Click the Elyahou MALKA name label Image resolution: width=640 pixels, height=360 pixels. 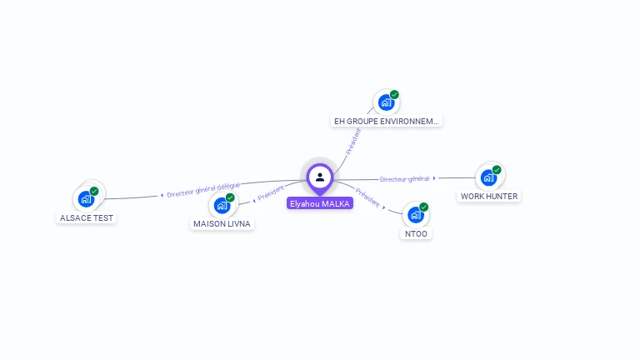click(320, 203)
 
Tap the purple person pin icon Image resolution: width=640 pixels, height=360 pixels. click(320, 177)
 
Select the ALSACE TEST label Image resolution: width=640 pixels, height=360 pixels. click(87, 217)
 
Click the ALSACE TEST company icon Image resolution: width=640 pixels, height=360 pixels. click(86, 198)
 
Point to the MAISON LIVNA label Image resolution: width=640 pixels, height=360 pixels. click(222, 223)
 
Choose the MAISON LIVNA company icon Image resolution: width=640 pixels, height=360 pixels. click(222, 205)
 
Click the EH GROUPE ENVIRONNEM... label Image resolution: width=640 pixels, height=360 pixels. click(386, 121)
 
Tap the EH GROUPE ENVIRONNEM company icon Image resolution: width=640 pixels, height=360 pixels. click(386, 102)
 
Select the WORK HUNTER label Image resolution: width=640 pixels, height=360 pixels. click(489, 197)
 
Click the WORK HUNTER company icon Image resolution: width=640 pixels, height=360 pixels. click(488, 177)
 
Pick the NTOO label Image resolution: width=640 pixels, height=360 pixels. click(416, 233)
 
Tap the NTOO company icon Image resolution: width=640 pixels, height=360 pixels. click(416, 214)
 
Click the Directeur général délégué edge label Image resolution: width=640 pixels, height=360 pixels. click(203, 190)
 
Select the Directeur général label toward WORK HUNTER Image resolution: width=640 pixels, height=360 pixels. click(405, 178)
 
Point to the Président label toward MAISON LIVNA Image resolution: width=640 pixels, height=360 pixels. click(272, 192)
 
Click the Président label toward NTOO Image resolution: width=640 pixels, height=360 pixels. click(367, 197)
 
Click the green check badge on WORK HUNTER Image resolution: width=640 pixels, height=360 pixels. click(497, 170)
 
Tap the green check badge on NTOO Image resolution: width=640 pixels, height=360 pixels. click(424, 207)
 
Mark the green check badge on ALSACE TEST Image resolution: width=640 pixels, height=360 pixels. click(94, 191)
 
